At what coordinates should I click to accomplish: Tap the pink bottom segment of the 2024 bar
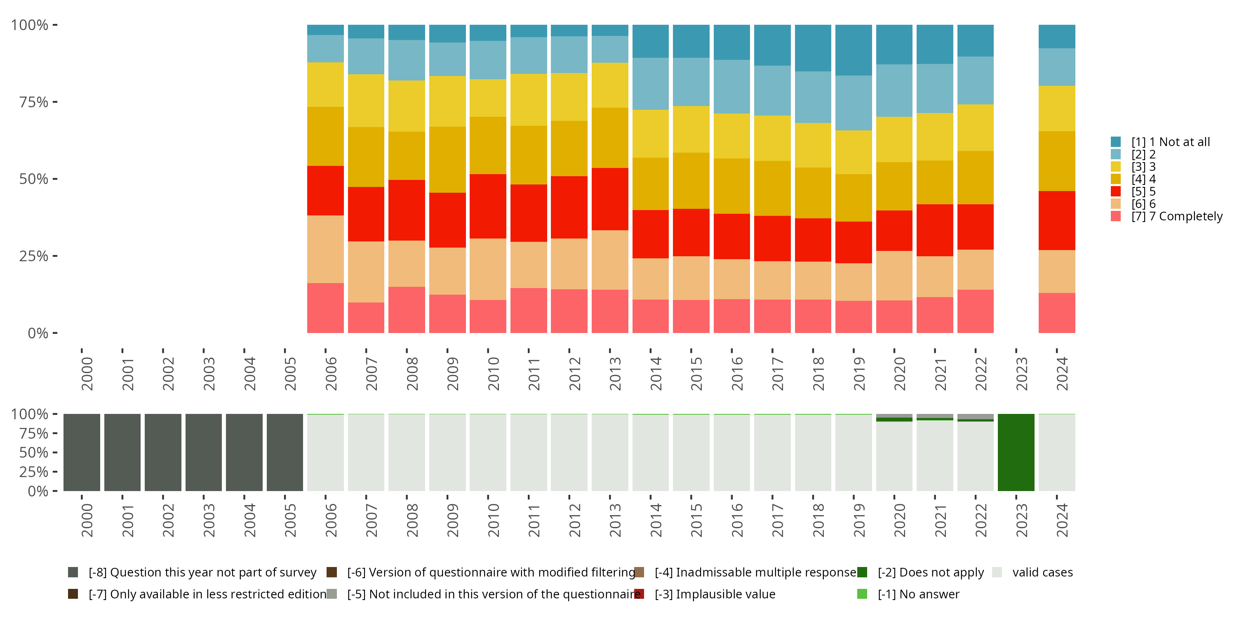pyautogui.click(x=1056, y=313)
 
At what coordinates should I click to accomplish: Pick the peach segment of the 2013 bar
pyautogui.click(x=609, y=260)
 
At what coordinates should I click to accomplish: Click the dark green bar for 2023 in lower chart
pyautogui.click(x=1016, y=452)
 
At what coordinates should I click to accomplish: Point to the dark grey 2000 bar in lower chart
pyautogui.click(x=82, y=452)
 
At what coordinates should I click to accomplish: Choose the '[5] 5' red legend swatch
pyautogui.click(x=1115, y=191)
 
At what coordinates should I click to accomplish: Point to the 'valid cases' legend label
pyautogui.click(x=1042, y=572)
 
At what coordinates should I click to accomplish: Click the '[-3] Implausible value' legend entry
pyautogui.click(x=715, y=594)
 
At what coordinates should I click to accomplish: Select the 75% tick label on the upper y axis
pyautogui.click(x=34, y=102)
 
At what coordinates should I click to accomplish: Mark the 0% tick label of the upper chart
pyautogui.click(x=38, y=333)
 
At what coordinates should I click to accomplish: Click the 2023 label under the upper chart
pyautogui.click(x=1021, y=373)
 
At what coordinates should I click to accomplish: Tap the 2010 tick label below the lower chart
pyautogui.click(x=493, y=520)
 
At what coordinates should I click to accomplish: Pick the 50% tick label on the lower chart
pyautogui.click(x=34, y=452)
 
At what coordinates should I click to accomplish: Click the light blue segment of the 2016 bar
pyautogui.click(x=731, y=87)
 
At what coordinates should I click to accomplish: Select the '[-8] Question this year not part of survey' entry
pyautogui.click(x=202, y=572)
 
